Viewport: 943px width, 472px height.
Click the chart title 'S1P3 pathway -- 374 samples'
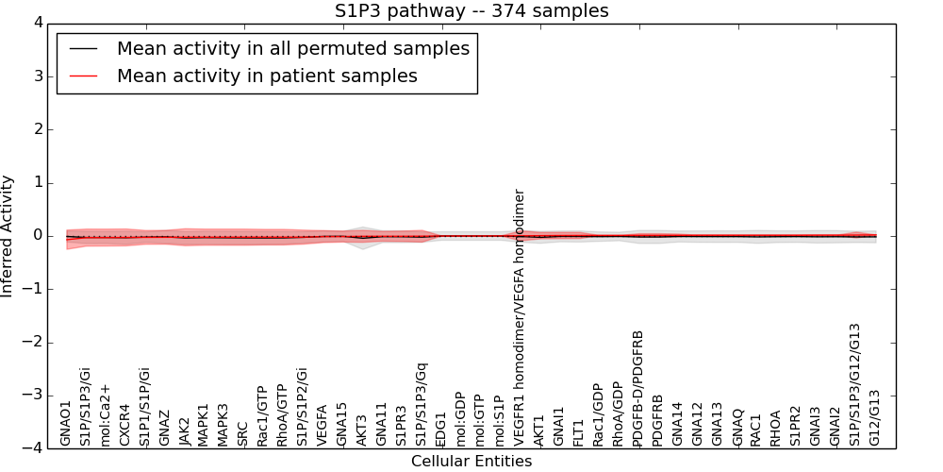(x=471, y=11)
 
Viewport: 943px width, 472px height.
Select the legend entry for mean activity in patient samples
(x=267, y=76)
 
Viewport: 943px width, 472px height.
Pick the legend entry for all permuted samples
(x=292, y=49)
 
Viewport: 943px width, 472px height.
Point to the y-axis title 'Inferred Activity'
(x=8, y=236)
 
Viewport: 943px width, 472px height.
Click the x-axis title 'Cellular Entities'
(x=471, y=462)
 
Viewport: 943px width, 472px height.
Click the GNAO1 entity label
(x=66, y=423)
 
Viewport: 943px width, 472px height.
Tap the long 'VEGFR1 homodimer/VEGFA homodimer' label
(x=520, y=317)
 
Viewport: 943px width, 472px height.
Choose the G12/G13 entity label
(x=875, y=417)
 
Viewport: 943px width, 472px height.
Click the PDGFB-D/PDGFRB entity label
(x=638, y=388)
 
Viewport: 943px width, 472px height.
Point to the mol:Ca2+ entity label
(x=106, y=414)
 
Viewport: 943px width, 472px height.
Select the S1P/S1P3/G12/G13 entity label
(x=855, y=384)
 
